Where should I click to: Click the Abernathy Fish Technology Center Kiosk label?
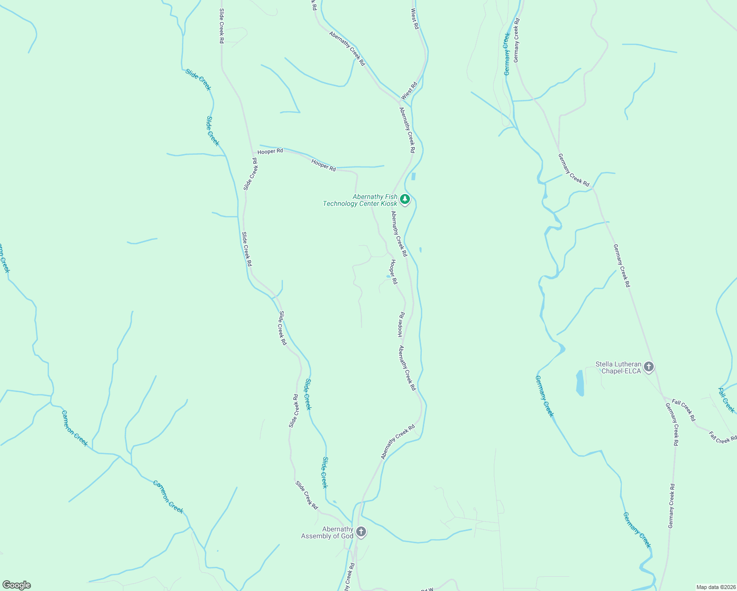point(360,200)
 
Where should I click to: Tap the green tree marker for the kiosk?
point(405,199)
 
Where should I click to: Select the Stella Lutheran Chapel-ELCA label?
point(618,367)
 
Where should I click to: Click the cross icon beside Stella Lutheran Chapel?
point(649,366)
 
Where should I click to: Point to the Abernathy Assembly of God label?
point(327,532)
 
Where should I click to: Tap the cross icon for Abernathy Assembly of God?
point(361,532)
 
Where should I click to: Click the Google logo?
point(16,585)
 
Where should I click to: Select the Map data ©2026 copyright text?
point(715,587)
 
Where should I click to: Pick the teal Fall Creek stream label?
point(726,400)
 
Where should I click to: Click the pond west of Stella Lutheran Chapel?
point(580,383)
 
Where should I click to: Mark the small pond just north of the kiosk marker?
point(413,176)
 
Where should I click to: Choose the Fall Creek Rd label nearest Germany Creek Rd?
point(684,410)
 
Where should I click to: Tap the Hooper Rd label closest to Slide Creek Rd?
point(270,151)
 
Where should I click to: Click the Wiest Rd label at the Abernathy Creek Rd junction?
point(409,91)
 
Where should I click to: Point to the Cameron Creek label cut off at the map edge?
point(4,259)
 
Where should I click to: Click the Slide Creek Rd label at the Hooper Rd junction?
point(251,174)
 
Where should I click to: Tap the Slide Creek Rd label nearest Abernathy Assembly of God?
point(306,495)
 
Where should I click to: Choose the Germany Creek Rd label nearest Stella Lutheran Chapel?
point(672,424)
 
